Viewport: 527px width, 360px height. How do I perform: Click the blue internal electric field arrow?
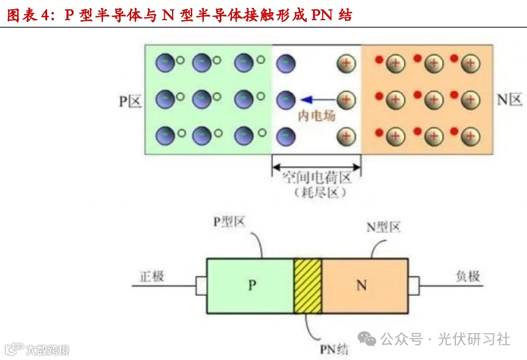tap(318, 99)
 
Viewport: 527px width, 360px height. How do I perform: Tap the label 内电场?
tap(316, 115)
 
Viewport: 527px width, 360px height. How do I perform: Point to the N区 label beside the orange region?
tap(509, 100)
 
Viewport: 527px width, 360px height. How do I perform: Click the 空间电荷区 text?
tap(316, 178)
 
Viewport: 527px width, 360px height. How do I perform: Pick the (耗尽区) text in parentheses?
tap(316, 192)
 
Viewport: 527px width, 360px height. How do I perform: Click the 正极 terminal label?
tap(150, 276)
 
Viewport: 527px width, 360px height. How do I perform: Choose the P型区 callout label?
tap(229, 222)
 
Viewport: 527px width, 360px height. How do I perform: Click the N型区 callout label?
tap(383, 227)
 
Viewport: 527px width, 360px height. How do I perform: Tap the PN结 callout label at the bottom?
tap(334, 350)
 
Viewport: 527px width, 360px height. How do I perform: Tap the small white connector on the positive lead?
tap(201, 285)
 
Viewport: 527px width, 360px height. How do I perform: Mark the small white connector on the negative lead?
tap(414, 285)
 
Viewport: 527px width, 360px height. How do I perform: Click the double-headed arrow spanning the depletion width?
tap(316, 165)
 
